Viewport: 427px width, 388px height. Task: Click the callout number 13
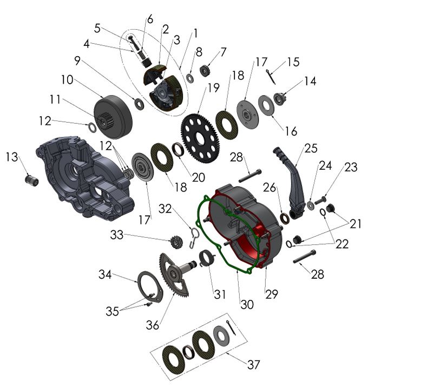click(12, 157)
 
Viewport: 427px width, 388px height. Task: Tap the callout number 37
click(253, 365)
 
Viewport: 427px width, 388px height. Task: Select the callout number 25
click(310, 148)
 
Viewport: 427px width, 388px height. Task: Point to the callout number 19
click(213, 87)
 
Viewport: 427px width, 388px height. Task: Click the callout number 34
click(105, 275)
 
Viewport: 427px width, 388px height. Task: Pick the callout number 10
click(67, 80)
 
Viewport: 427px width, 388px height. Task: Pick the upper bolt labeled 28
click(249, 176)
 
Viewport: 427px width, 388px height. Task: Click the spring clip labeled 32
click(195, 236)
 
